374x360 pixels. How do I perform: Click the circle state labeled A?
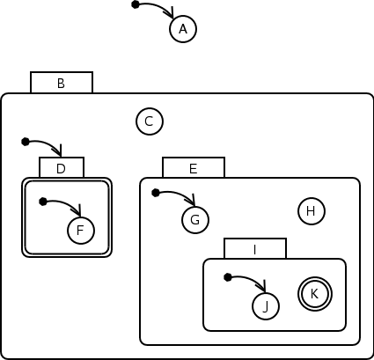point(183,29)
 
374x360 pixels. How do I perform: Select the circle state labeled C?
point(150,121)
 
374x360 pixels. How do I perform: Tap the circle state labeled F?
point(81,231)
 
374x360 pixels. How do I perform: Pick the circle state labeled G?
point(195,220)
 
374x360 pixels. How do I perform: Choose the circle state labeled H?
point(312,211)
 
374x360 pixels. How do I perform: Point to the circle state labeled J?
point(266,306)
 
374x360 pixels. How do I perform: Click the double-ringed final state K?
point(315,294)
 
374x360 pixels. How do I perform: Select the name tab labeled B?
point(62,83)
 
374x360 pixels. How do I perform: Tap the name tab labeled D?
point(62,167)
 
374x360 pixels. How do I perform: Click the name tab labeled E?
point(194,167)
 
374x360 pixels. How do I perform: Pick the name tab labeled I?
point(255,248)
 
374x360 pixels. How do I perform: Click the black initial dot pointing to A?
point(136,4)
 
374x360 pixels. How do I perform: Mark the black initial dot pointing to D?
point(26,142)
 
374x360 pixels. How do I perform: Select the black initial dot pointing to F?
point(43,202)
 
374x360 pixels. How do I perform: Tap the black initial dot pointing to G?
point(156,193)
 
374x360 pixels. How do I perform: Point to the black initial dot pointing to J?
point(228,277)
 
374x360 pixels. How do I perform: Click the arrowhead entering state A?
point(171,12)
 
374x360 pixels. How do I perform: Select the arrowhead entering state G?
point(192,200)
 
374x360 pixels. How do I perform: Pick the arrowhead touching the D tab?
point(59,151)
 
